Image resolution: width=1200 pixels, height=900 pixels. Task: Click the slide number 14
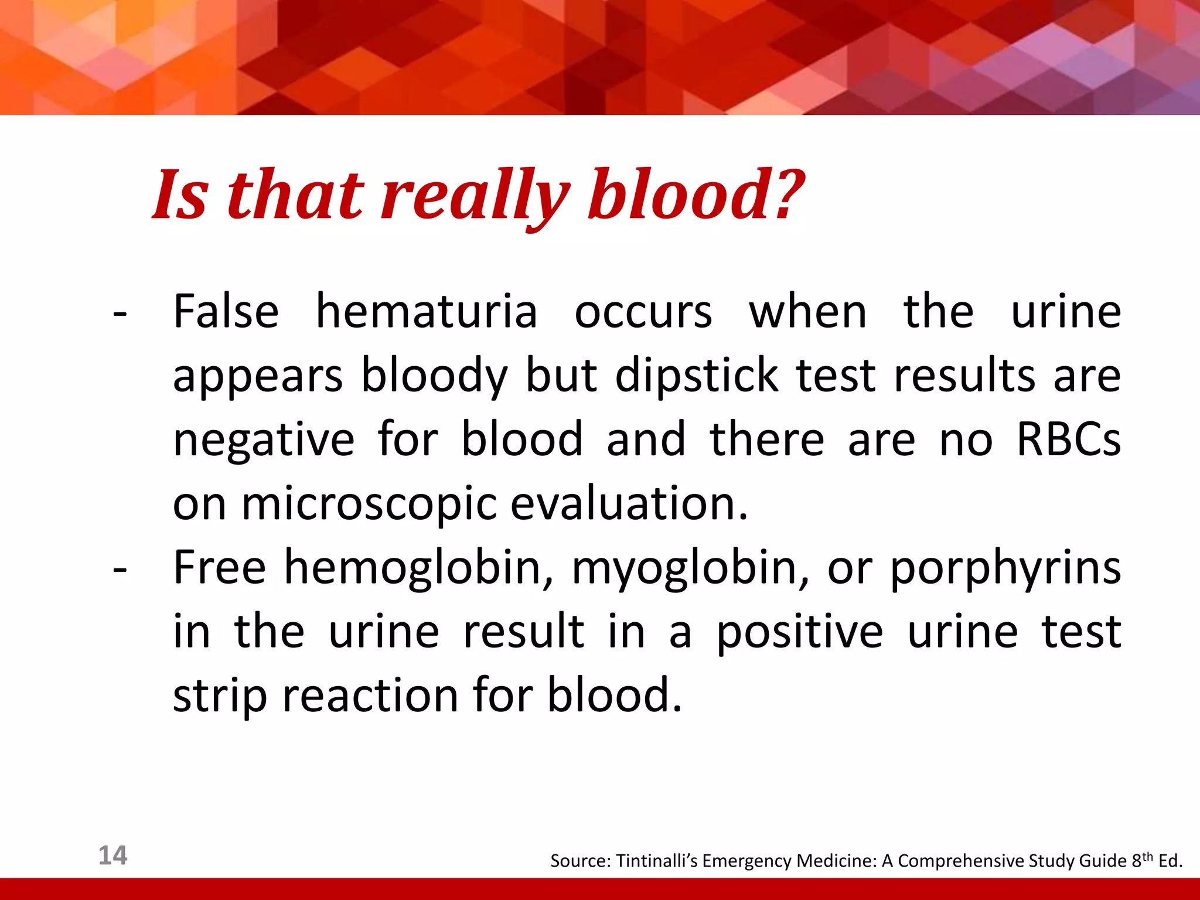click(112, 855)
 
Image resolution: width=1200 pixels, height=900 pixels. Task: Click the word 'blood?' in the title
click(696, 195)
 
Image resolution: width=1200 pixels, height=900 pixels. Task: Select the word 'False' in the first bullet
click(226, 311)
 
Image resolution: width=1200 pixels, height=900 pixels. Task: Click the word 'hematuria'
click(427, 311)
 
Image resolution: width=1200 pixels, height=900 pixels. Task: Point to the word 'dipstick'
click(697, 376)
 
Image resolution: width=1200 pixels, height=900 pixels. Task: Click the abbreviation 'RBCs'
click(1068, 439)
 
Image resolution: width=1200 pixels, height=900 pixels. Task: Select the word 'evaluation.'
click(630, 504)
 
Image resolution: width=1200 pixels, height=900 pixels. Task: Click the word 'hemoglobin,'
click(418, 568)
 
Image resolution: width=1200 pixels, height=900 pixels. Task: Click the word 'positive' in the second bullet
click(800, 633)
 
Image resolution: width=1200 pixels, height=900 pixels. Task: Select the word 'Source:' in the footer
click(581, 861)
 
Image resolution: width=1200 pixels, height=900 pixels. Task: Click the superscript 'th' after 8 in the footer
click(1147, 856)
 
